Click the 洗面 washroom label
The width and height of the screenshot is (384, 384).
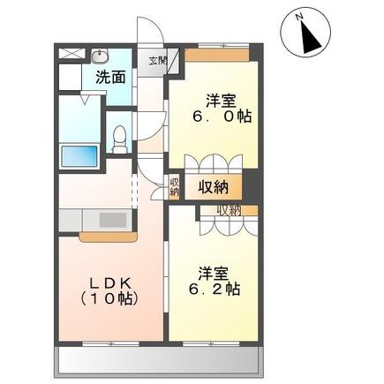[x=109, y=77]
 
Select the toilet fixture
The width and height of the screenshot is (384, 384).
[x=122, y=138]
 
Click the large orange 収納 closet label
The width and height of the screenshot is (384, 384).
[x=215, y=186]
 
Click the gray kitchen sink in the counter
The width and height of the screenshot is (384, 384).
[x=111, y=220]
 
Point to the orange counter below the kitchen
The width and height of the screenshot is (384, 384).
[x=107, y=237]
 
